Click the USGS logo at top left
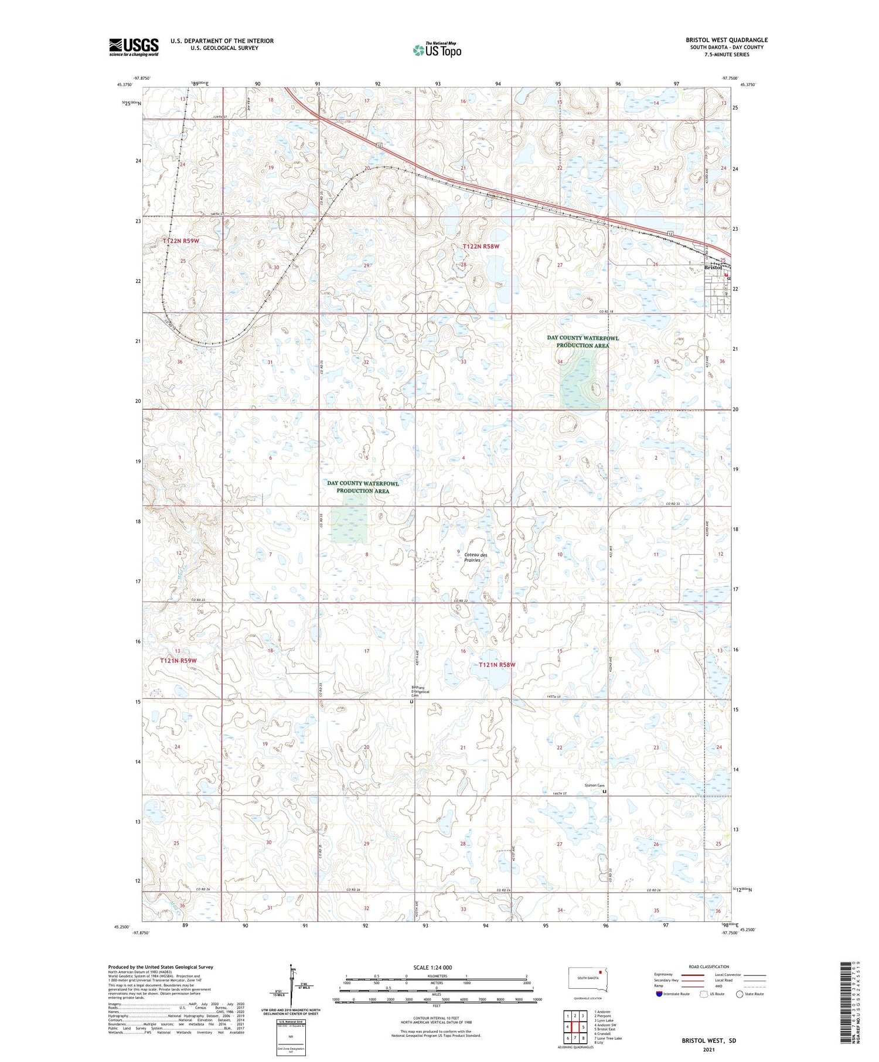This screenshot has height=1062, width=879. [134, 47]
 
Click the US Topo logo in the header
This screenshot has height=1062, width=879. [437, 50]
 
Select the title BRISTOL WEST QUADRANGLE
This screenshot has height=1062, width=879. [727, 40]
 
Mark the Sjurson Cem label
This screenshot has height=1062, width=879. [594, 785]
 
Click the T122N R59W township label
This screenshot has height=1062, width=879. [181, 241]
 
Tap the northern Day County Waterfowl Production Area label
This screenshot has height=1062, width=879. [582, 342]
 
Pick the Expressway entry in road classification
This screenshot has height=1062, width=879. [666, 975]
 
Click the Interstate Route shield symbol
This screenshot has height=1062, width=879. [659, 994]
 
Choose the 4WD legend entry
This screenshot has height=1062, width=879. [722, 986]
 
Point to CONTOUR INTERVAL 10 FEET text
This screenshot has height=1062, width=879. [436, 1019]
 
